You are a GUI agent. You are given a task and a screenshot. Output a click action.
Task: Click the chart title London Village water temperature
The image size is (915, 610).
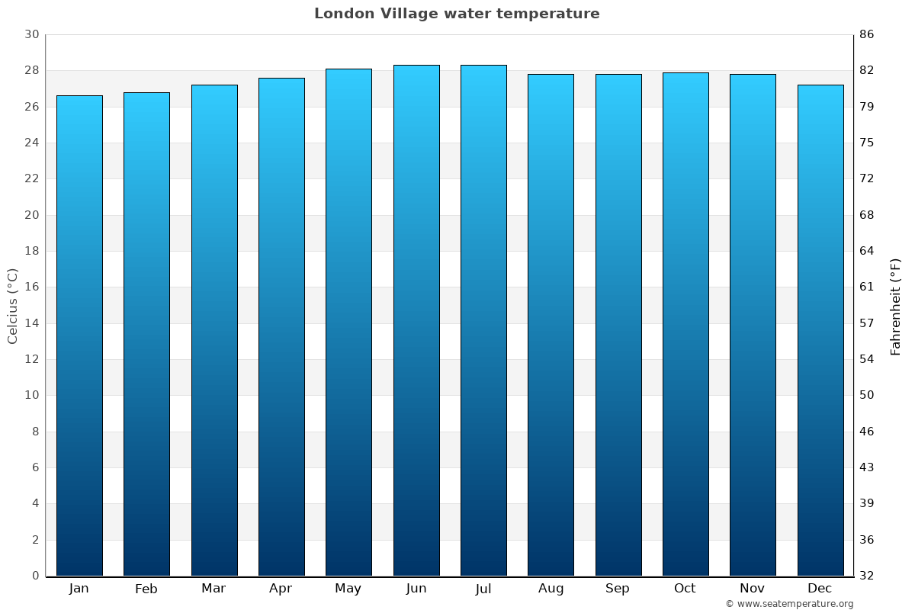457,14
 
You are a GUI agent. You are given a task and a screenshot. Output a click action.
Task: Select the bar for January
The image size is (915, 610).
79,335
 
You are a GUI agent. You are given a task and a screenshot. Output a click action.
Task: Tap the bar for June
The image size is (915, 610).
416,320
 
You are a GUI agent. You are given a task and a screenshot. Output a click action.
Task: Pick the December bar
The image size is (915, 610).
820,330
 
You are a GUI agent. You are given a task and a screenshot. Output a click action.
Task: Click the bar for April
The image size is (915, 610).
281,326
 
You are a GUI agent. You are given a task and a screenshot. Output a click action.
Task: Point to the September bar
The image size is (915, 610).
618,325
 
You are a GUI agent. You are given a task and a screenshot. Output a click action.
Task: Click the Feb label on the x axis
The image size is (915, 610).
146,589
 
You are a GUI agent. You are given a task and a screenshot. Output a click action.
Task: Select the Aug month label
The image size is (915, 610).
551,589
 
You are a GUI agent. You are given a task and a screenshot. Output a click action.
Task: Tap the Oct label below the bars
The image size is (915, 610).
685,589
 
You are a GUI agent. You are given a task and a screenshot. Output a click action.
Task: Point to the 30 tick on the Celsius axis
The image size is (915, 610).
31,34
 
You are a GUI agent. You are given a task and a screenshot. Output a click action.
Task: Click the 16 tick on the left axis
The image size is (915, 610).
31,287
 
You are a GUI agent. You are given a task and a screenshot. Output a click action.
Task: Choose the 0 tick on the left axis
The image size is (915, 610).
35,576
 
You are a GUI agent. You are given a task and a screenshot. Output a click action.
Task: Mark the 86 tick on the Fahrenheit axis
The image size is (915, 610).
866,34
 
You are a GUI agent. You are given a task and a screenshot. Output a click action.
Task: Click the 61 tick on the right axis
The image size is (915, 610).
866,287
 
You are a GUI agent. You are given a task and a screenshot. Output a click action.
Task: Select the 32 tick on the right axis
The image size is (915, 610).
866,576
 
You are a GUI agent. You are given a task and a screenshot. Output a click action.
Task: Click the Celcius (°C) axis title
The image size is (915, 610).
12,306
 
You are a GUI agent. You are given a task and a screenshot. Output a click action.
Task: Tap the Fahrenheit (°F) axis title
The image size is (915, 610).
896,306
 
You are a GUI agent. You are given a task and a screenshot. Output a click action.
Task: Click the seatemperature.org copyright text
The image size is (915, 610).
788,604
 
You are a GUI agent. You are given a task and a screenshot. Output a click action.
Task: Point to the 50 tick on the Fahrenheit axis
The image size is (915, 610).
866,395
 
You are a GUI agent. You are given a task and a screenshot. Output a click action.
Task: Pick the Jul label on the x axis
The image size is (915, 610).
483,589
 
